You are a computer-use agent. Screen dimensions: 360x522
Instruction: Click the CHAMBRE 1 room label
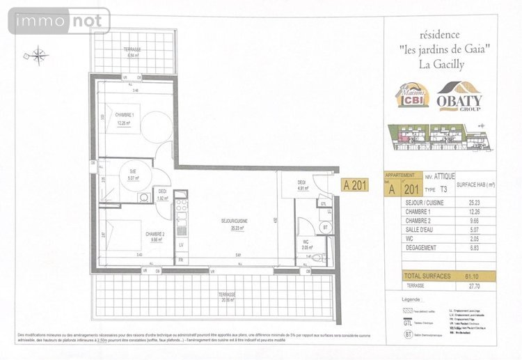tap(125, 116)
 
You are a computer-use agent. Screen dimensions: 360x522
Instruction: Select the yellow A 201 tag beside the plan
tap(355, 186)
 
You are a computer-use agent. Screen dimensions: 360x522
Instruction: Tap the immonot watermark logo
tap(58, 21)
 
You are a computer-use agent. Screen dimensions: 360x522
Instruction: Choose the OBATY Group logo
tap(459, 97)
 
